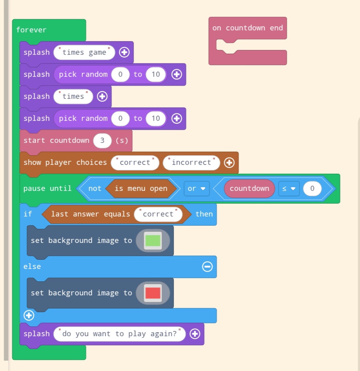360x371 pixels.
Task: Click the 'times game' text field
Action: (84, 52)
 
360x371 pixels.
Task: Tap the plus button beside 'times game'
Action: (124, 52)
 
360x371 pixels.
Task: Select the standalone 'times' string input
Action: (73, 96)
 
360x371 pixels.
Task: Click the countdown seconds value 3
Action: (102, 140)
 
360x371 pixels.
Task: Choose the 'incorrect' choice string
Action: (191, 162)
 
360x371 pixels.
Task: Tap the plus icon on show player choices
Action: (229, 162)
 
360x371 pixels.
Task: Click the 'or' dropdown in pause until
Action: (196, 189)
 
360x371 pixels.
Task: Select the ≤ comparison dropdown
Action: (289, 189)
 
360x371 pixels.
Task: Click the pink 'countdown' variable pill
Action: (250, 189)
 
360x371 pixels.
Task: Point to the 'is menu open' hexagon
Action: (141, 189)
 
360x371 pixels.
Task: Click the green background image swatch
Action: (153, 241)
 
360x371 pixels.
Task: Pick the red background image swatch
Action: (153, 293)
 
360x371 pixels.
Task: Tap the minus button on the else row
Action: (208, 267)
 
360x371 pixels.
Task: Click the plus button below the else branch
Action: (29, 315)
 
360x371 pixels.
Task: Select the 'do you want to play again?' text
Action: (120, 334)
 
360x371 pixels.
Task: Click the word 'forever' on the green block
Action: (31, 30)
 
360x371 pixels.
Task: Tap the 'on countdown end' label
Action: (248, 28)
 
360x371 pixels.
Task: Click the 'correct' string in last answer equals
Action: (158, 214)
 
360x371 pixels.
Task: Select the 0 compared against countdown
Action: (312, 189)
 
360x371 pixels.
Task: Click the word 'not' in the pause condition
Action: (95, 189)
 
